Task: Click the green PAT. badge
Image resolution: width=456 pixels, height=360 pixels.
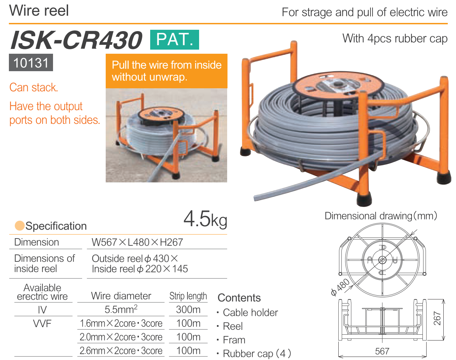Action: pos(174,40)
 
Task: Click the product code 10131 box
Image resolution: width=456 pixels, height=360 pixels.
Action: pos(31,63)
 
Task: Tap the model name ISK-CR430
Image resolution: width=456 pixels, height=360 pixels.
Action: pos(76,40)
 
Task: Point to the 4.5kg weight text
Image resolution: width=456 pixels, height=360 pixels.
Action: pos(205,219)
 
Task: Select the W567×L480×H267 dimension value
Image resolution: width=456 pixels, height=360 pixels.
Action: pos(137,242)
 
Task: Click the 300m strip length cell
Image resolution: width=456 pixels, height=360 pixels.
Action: pos(188,310)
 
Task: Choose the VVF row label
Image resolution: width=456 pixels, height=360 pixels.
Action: pos(42,323)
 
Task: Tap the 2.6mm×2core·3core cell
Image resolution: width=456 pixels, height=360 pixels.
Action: pos(121,351)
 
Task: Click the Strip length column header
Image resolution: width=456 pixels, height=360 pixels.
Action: pos(188,296)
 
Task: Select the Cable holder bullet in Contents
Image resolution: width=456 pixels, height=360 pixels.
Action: pos(247,312)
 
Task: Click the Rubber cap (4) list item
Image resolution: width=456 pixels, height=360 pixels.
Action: pos(254,353)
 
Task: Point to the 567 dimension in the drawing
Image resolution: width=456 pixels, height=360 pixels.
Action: pos(382,351)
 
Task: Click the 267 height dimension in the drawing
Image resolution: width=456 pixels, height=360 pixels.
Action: pos(437,318)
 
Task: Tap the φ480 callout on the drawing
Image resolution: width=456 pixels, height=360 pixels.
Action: pos(340,287)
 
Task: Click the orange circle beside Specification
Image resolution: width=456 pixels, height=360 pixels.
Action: pos(20,226)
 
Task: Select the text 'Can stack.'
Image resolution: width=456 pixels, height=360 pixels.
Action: pos(34,87)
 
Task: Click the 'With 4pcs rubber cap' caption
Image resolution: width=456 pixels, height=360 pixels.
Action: pos(395,39)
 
